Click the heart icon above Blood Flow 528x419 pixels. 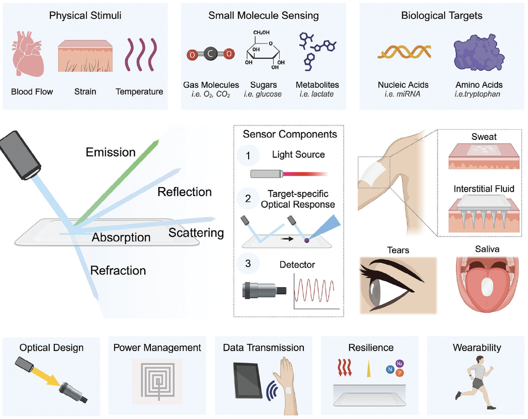(28, 54)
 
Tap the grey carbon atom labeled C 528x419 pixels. (210, 54)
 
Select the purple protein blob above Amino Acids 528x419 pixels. (478, 53)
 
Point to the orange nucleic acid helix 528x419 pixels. (404, 52)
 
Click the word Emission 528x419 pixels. (110, 152)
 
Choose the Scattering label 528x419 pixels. (196, 233)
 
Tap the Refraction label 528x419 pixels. (118, 271)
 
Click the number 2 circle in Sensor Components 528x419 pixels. (248, 198)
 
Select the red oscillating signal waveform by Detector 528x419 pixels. (314, 290)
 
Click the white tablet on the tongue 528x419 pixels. (487, 287)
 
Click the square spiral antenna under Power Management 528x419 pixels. (158, 381)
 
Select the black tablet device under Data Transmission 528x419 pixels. (248, 380)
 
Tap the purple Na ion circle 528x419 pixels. (399, 364)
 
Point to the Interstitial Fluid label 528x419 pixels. (484, 189)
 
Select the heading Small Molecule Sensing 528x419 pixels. (263, 16)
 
